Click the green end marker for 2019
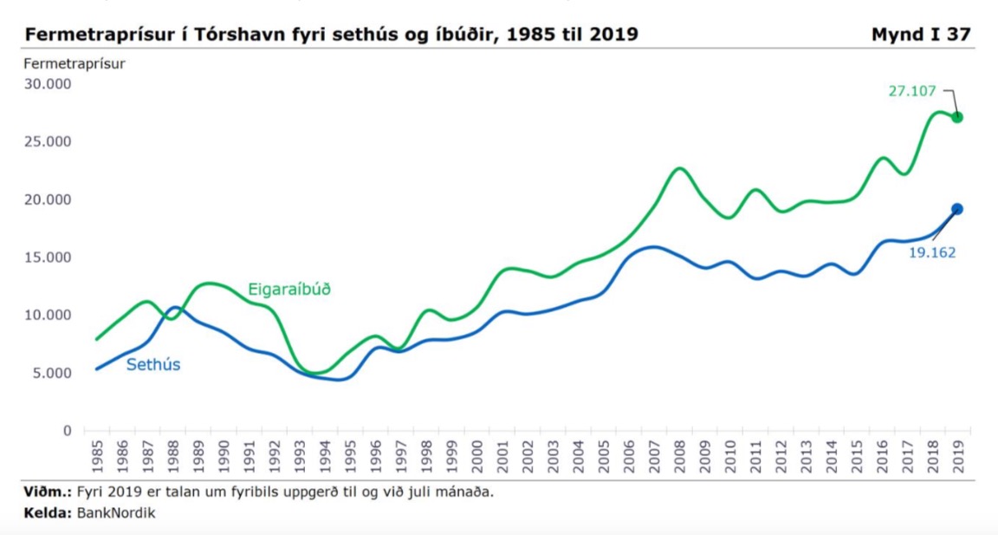coord(957,117)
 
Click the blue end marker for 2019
coord(957,209)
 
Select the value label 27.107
coord(912,90)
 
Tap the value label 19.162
coord(932,253)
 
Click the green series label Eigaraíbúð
coord(289,289)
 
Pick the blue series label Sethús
coord(153,365)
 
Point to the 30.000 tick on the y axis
coord(47,84)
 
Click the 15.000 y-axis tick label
coord(47,258)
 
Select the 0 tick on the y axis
coord(66,431)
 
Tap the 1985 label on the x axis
coord(96,456)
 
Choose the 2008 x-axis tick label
coord(680,456)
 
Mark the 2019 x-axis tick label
coord(959,456)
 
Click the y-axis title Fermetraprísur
coord(75,63)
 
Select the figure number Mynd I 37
coord(921,35)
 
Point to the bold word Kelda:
coord(48,512)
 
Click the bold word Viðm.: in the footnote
coord(48,493)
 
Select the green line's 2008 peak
coord(680,168)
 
